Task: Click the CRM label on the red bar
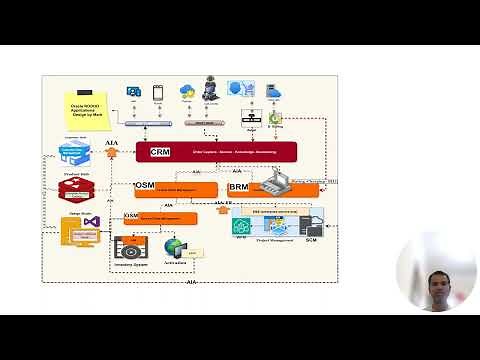click(x=160, y=152)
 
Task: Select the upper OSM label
click(x=145, y=187)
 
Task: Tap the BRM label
click(x=238, y=187)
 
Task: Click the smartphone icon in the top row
click(x=157, y=91)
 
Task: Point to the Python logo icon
click(x=187, y=91)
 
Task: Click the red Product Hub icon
click(x=77, y=191)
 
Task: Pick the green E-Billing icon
click(x=275, y=118)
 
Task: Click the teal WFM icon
click(x=240, y=225)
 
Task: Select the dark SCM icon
click(x=311, y=221)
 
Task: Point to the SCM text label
click(x=311, y=240)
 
